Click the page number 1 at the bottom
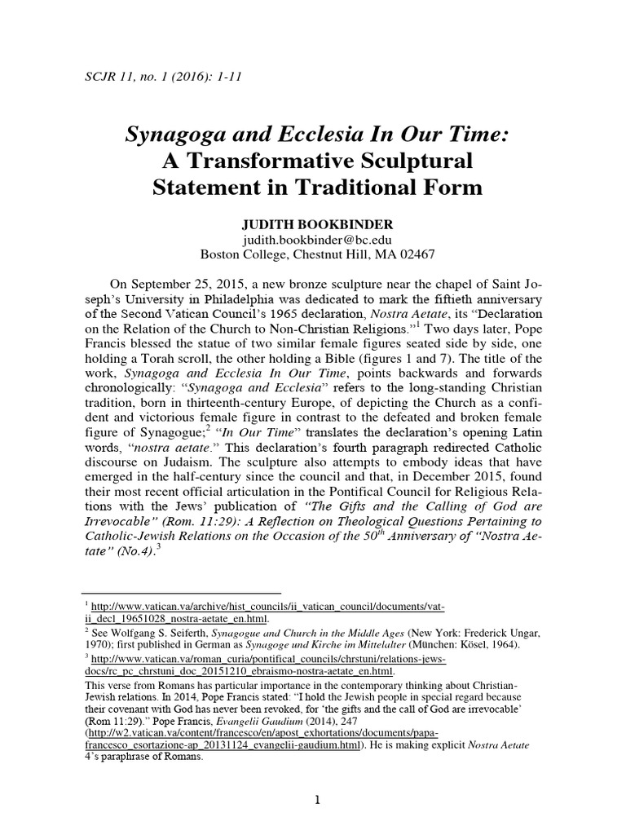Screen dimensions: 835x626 (x=316, y=802)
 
